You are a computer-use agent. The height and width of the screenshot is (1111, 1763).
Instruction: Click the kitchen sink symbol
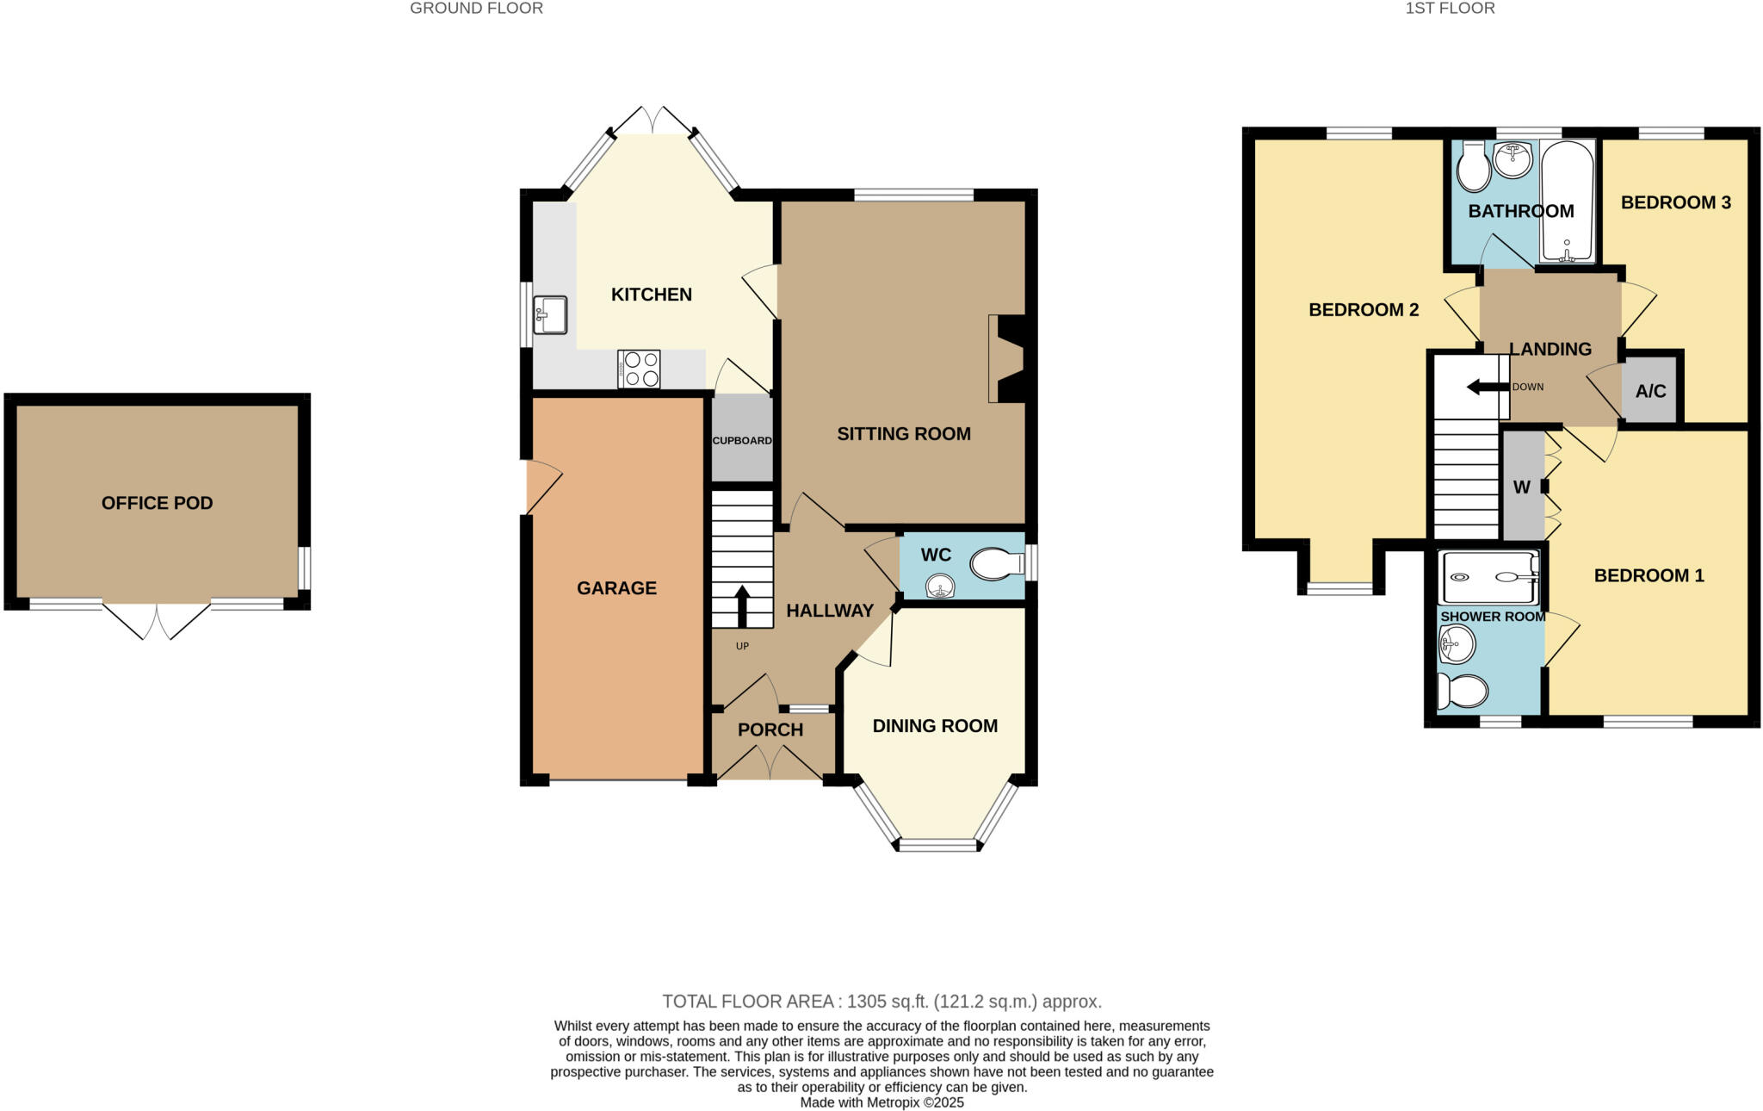click(550, 314)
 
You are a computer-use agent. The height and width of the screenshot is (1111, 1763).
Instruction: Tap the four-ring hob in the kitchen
click(639, 369)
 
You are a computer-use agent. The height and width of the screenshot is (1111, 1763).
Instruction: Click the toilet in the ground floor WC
click(995, 565)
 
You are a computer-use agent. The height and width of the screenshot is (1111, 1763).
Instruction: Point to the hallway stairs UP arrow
click(742, 606)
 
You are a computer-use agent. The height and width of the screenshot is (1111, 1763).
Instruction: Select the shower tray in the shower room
click(1490, 577)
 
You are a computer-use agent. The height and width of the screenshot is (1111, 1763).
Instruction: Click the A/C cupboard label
click(1650, 392)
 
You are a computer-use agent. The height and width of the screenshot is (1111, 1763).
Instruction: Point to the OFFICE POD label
click(157, 503)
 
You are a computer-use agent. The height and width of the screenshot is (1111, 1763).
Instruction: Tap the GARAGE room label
click(616, 588)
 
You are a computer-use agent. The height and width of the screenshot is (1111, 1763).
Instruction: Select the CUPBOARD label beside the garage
click(741, 440)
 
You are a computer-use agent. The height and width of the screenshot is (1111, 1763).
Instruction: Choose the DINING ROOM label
click(935, 726)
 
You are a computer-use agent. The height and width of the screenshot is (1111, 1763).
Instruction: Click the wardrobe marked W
click(1522, 487)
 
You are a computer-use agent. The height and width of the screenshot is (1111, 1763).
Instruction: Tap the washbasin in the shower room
click(1457, 643)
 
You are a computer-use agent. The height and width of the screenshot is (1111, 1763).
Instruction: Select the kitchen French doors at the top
click(652, 120)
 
